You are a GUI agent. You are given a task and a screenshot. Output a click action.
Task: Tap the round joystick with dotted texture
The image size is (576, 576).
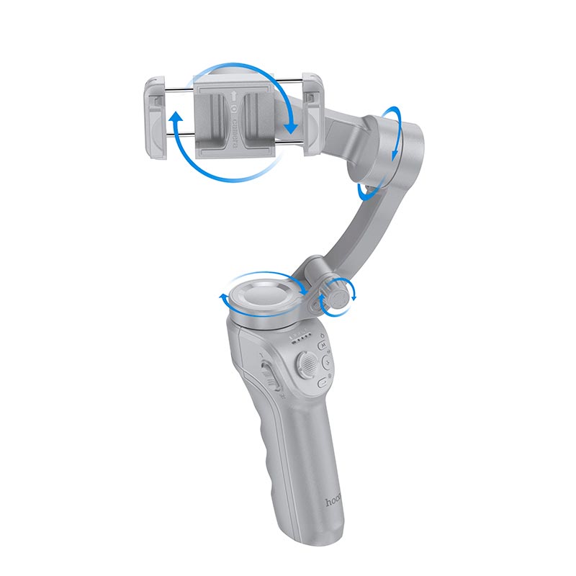(x=305, y=364)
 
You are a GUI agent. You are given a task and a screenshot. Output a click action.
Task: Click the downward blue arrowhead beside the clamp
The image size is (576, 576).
(x=291, y=127)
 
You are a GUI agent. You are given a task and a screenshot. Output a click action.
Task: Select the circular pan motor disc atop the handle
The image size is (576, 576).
(x=262, y=296)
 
